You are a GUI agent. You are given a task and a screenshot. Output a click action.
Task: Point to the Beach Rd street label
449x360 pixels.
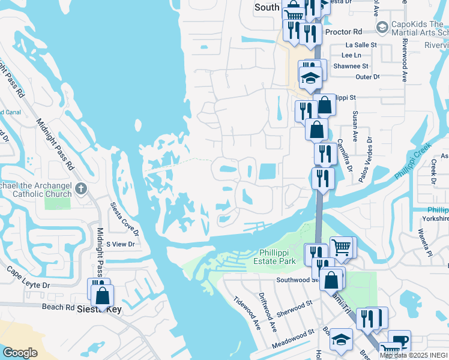tap(58, 307)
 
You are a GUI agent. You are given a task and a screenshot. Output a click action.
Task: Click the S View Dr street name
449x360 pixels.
tap(120, 244)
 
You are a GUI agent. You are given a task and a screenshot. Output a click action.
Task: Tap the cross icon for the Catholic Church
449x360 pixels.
tap(82, 190)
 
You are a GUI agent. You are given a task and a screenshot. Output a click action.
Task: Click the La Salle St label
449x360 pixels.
tap(361, 45)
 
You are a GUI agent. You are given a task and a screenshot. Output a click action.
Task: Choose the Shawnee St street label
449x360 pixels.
tap(352, 66)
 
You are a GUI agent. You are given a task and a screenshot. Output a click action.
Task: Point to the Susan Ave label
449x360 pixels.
tap(355, 126)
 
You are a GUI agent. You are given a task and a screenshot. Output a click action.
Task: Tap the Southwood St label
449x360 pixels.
tap(297, 280)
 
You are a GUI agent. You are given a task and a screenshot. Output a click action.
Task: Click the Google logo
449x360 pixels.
tap(20, 353)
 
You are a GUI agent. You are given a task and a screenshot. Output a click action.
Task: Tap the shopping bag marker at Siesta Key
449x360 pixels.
tap(103, 295)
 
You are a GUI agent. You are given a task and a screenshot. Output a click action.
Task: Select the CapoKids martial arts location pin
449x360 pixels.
tap(382, 27)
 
